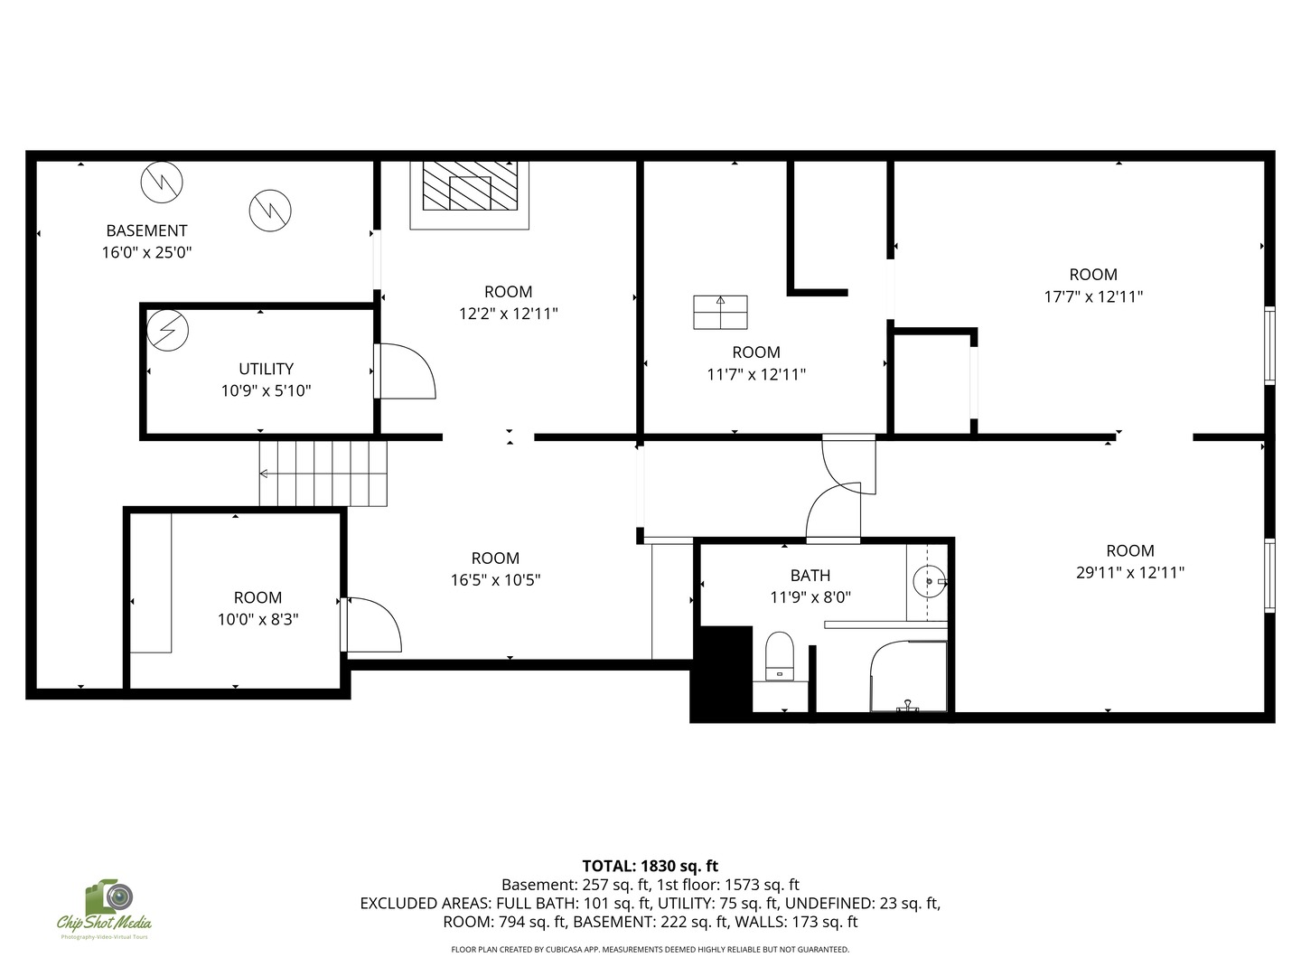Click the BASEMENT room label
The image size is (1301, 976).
pyautogui.click(x=146, y=230)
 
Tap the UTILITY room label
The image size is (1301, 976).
pyautogui.click(x=267, y=370)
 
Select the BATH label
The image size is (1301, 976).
pyautogui.click(x=810, y=576)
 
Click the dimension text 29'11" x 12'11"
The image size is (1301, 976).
pyautogui.click(x=1130, y=572)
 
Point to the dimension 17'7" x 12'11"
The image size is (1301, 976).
pyautogui.click(x=1093, y=296)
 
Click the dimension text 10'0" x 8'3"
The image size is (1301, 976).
pyautogui.click(x=257, y=619)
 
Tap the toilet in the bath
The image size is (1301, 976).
pyautogui.click(x=780, y=656)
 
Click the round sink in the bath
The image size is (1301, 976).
pyautogui.click(x=929, y=581)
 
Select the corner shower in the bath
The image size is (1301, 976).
pyautogui.click(x=908, y=676)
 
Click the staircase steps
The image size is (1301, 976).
pyautogui.click(x=323, y=474)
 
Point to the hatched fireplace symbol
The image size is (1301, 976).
pyautogui.click(x=470, y=185)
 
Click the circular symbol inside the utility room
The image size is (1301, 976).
pyautogui.click(x=168, y=330)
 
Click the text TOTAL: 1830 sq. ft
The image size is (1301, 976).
pyautogui.click(x=650, y=866)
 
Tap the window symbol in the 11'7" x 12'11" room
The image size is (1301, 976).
pyautogui.click(x=720, y=313)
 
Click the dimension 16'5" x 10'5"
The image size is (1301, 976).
pyautogui.click(x=495, y=579)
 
